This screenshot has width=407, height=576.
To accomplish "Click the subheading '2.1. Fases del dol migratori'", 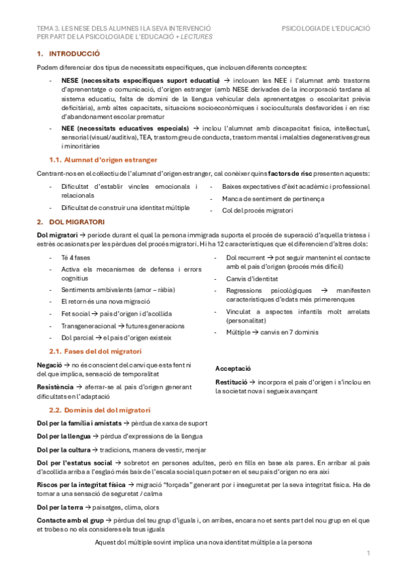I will (x=95, y=351).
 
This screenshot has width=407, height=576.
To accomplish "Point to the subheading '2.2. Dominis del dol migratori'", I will (x=99, y=410).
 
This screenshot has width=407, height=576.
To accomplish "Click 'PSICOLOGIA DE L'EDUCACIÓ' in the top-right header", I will (x=325, y=29).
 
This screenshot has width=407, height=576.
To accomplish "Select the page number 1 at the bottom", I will (x=368, y=554).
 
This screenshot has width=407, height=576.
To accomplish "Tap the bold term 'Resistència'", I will (x=54, y=385).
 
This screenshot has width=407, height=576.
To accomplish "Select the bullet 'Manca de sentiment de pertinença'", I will (x=273, y=198).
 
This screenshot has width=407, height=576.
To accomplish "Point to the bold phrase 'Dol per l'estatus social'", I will (x=74, y=463).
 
